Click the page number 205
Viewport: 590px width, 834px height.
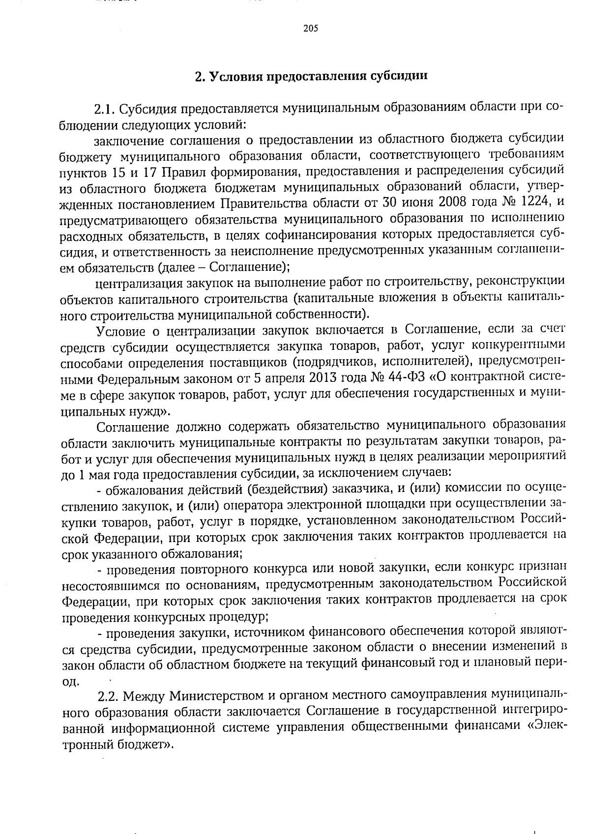point(311,28)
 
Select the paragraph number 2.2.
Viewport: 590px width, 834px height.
point(109,696)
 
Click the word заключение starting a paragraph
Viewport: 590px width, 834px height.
point(128,140)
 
